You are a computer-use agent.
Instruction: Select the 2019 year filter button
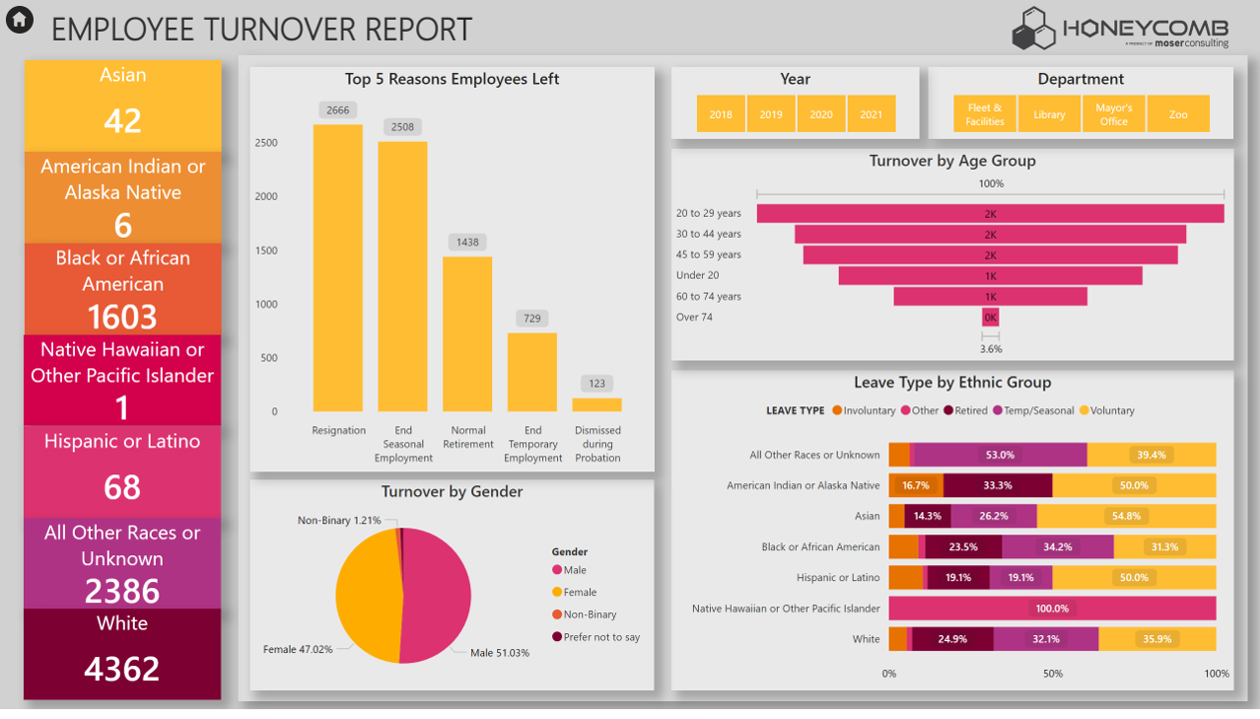tap(771, 115)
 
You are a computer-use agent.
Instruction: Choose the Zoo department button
tap(1178, 115)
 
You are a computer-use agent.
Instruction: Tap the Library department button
tap(1049, 115)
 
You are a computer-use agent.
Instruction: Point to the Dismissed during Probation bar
tap(597, 404)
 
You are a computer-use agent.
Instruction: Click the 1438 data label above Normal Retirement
tap(467, 243)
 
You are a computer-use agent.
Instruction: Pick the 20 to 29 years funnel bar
tap(989, 214)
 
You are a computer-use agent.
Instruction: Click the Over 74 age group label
tap(694, 318)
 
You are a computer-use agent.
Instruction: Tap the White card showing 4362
tap(123, 654)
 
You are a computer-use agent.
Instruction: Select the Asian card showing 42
tap(123, 105)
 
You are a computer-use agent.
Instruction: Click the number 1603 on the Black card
tap(123, 317)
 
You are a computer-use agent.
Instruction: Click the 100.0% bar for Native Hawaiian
tap(1051, 608)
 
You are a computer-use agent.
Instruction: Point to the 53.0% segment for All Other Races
tap(999, 455)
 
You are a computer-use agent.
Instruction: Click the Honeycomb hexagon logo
tap(1033, 29)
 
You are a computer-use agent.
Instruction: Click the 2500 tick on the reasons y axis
tap(266, 143)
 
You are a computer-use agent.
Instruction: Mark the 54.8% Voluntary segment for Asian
tap(1126, 516)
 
